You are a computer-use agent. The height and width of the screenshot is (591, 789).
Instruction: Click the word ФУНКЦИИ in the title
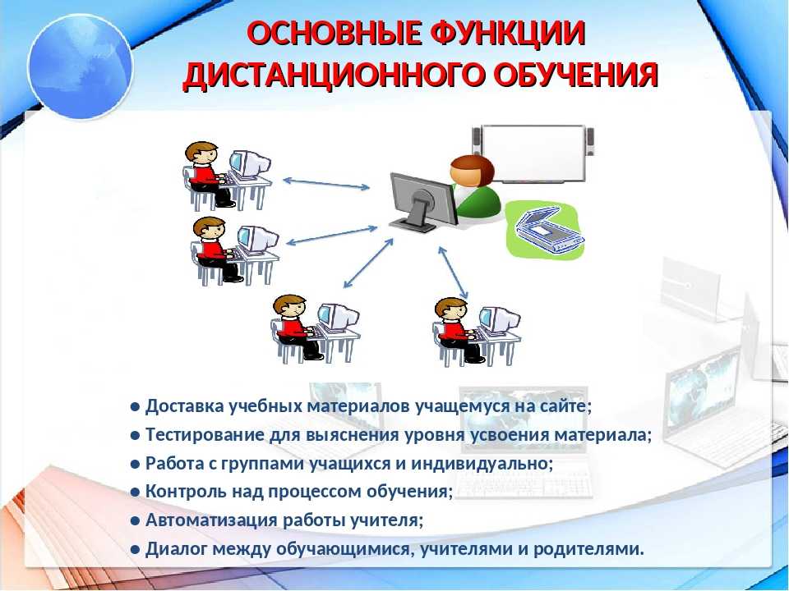(x=507, y=34)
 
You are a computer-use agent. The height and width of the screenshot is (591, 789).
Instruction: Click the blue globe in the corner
(x=81, y=66)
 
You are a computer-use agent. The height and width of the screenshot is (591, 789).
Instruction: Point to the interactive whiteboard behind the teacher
(x=533, y=153)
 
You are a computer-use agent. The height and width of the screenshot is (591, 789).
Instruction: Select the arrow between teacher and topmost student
(x=326, y=184)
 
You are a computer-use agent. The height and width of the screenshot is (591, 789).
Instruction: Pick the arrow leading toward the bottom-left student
(x=368, y=263)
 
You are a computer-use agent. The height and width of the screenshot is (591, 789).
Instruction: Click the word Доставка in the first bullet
(x=185, y=406)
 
